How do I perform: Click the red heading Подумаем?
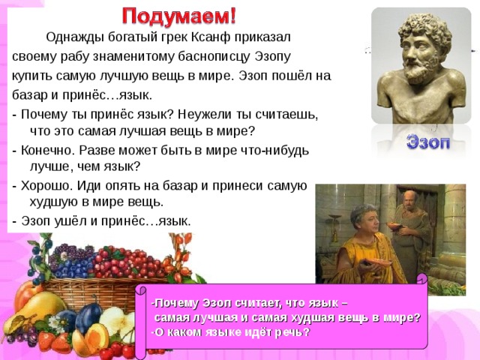click(179, 16)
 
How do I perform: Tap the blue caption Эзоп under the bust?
click(428, 142)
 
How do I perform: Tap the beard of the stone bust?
click(419, 71)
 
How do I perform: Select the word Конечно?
click(47, 151)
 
